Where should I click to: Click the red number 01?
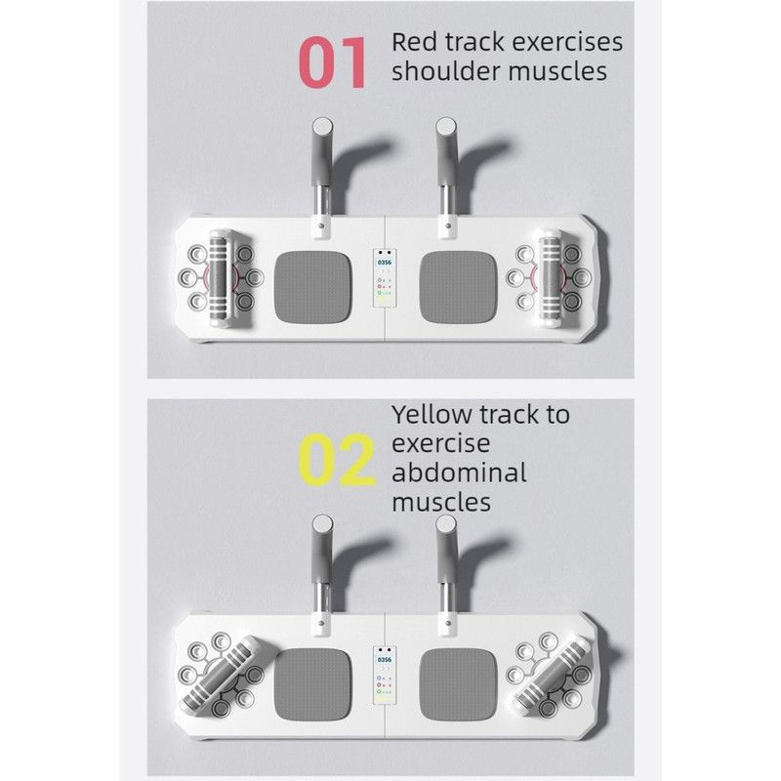pos(333,62)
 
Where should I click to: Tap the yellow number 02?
pos(336,460)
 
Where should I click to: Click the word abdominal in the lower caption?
pos(459,473)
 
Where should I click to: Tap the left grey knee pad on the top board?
pos(312,287)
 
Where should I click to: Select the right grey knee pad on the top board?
pos(458,287)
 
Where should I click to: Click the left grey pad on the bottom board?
pos(312,684)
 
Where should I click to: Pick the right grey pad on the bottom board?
pos(458,684)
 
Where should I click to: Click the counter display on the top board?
pos(385,278)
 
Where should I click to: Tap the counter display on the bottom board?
pos(385,676)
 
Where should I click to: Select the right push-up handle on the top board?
pos(550,278)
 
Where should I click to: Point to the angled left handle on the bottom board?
pos(221,675)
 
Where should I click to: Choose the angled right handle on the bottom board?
pos(552,675)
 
